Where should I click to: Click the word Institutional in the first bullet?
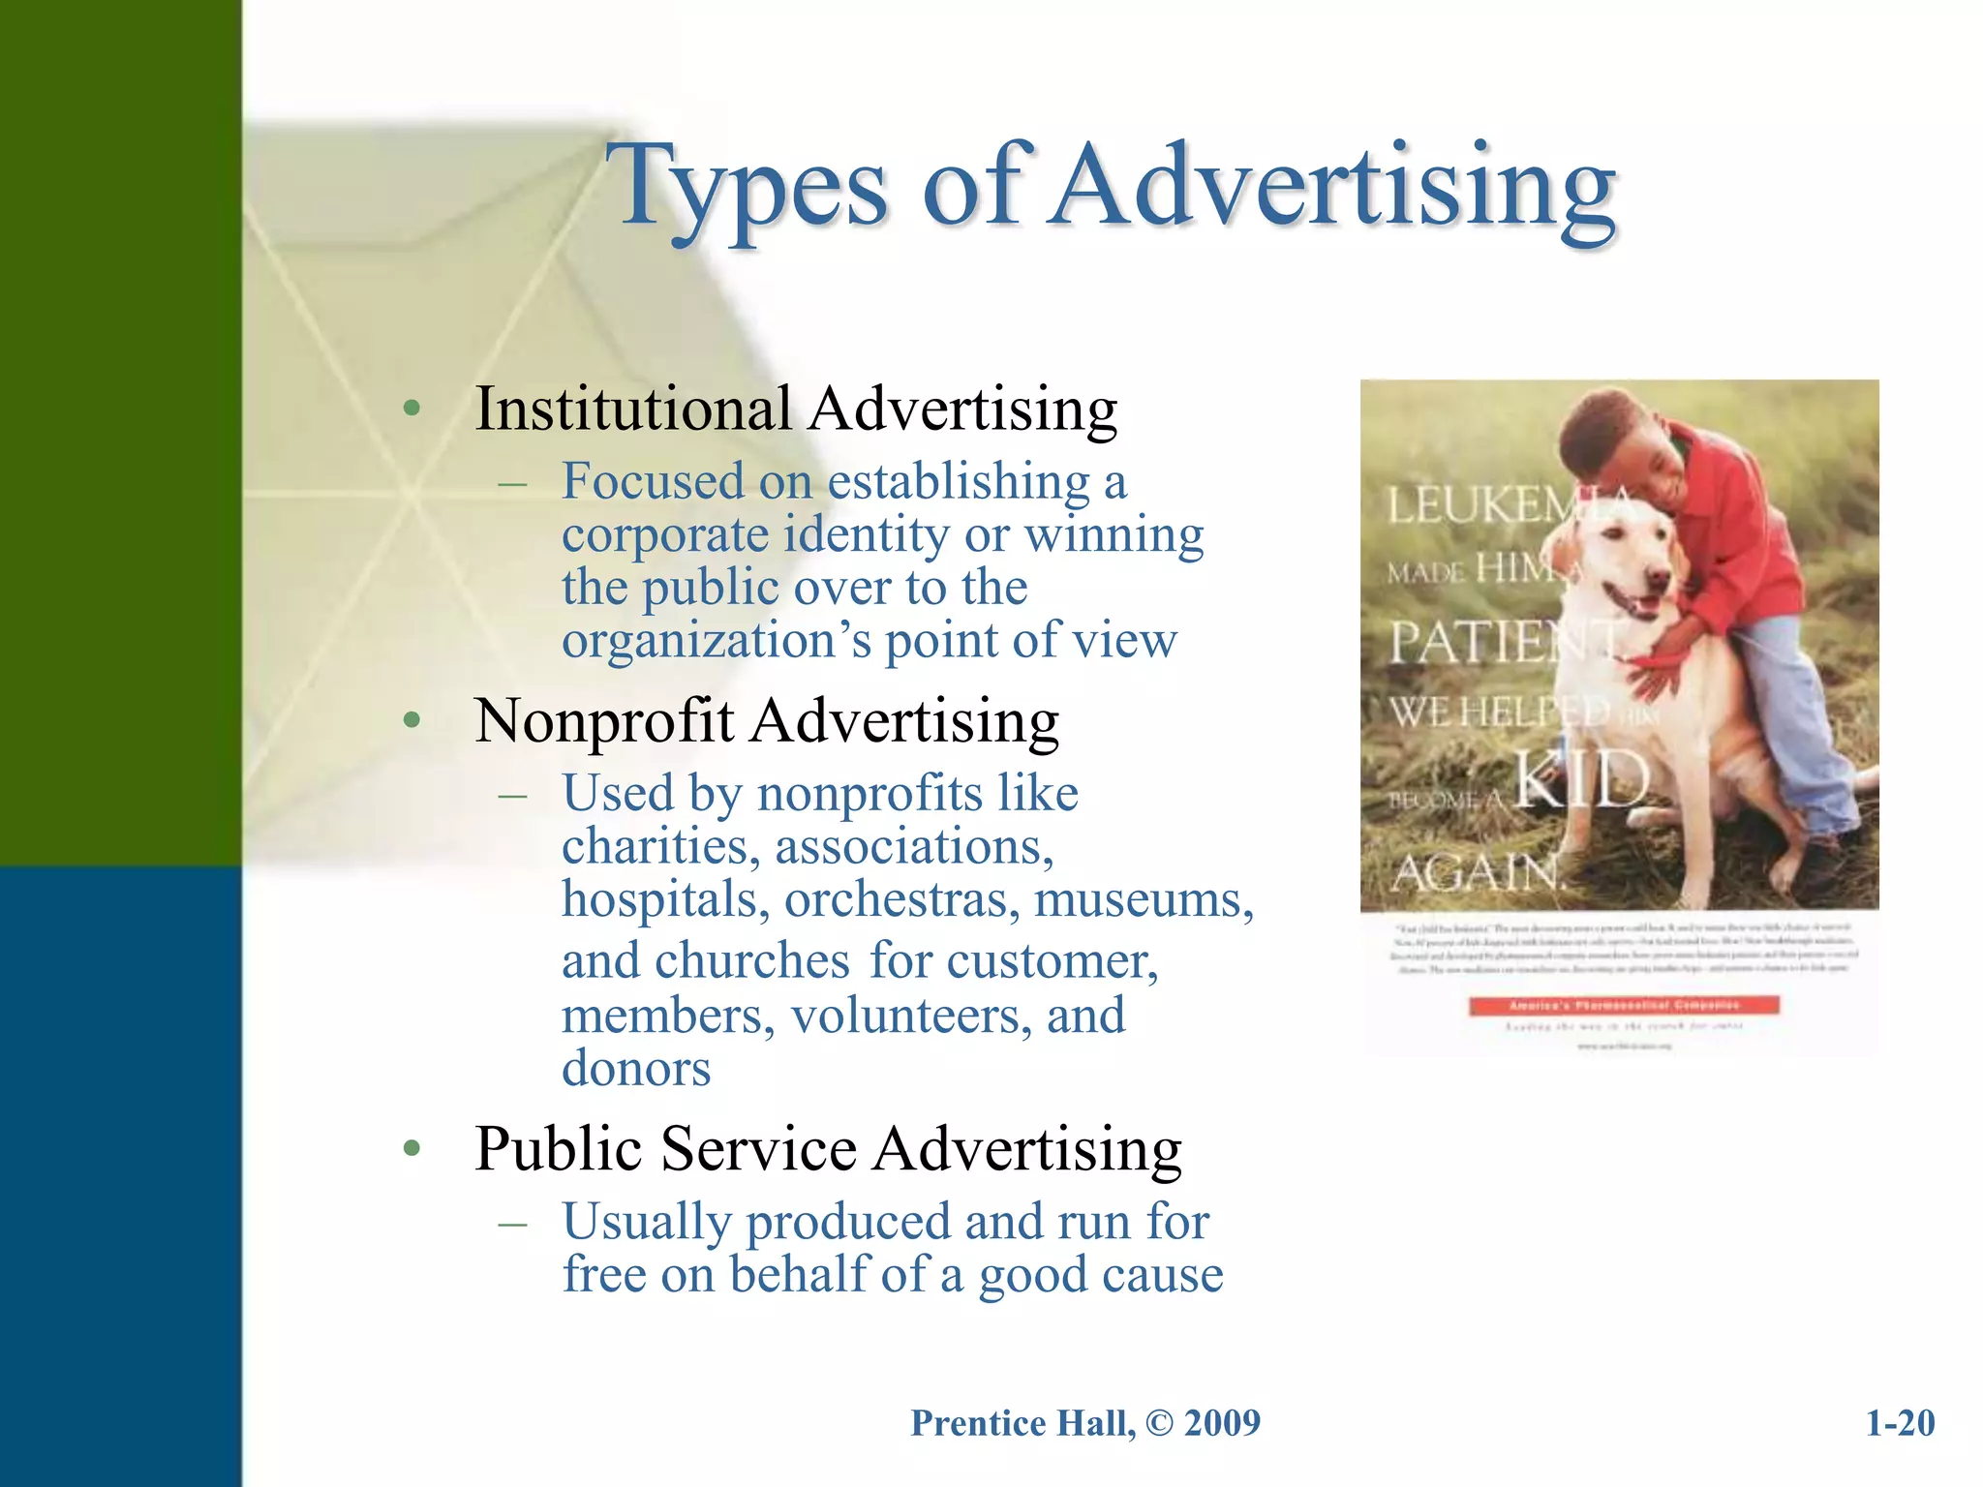point(633,409)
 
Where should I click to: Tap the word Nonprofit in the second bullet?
point(604,721)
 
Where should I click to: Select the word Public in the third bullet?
point(559,1149)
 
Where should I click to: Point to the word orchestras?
point(901,899)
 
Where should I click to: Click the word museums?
point(1144,899)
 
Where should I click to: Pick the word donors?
point(636,1069)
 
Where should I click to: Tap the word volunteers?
point(911,1016)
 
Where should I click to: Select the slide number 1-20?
point(1900,1423)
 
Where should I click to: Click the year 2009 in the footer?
point(1222,1423)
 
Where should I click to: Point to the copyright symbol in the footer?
point(1158,1423)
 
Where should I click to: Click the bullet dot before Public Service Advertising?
point(412,1149)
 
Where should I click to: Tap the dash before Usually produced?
point(512,1223)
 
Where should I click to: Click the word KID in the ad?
point(1580,780)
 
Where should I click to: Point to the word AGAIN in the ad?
point(1476,874)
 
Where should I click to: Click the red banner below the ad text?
point(1624,1006)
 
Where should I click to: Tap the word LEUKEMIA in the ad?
point(1510,505)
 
